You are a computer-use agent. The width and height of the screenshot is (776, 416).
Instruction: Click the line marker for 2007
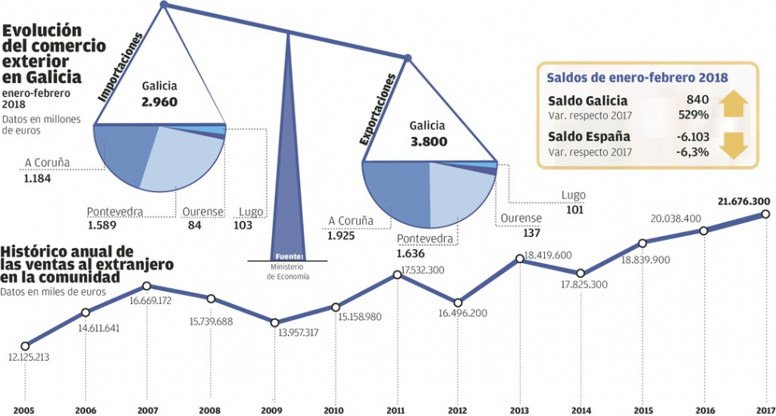click(x=147, y=286)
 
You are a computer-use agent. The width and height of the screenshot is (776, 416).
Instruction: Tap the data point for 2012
click(x=458, y=303)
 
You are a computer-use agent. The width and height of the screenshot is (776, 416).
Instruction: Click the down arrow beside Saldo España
click(x=734, y=143)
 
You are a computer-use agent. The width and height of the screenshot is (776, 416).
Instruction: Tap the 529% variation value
click(x=693, y=116)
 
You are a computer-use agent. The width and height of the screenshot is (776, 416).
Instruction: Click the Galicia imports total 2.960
click(x=159, y=102)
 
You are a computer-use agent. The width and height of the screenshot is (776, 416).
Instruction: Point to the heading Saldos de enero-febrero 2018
click(x=637, y=78)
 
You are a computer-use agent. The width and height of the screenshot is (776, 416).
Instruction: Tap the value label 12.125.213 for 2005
click(x=29, y=357)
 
